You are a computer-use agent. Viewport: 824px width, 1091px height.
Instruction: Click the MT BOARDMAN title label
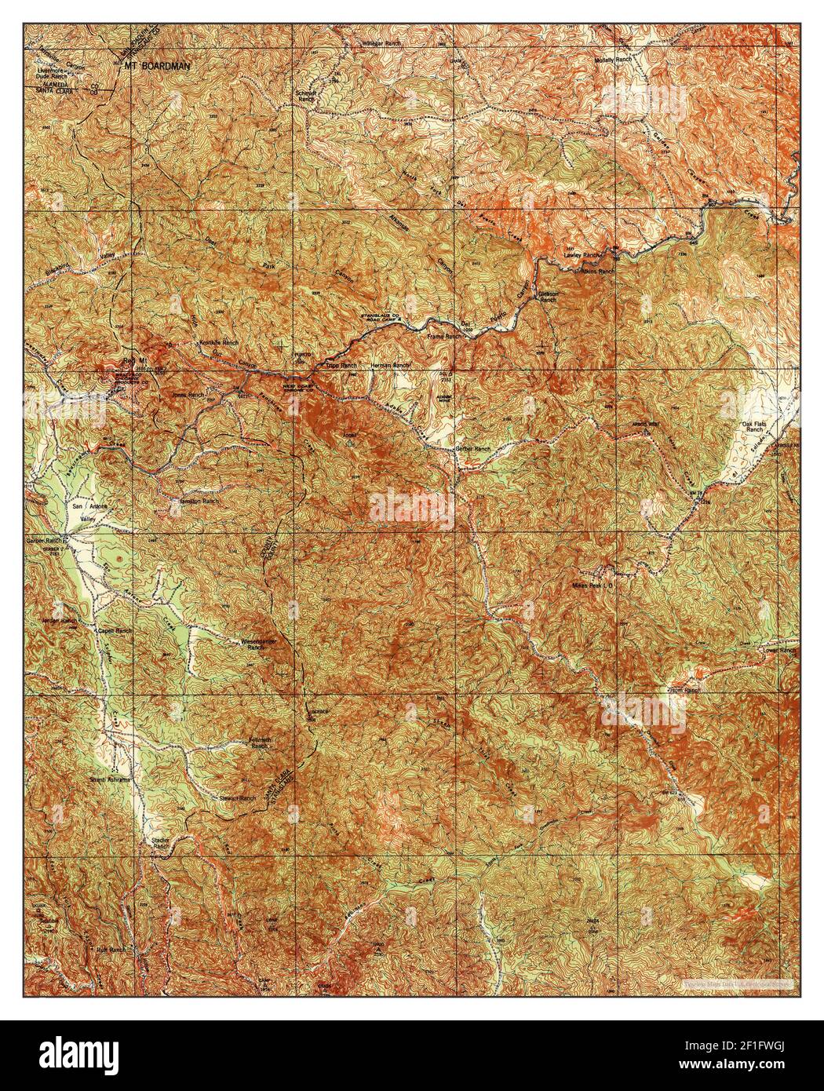tap(157, 67)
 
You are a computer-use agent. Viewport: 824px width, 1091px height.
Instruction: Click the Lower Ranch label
tap(778, 651)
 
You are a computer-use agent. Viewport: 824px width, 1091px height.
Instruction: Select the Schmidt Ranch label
tap(306, 96)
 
